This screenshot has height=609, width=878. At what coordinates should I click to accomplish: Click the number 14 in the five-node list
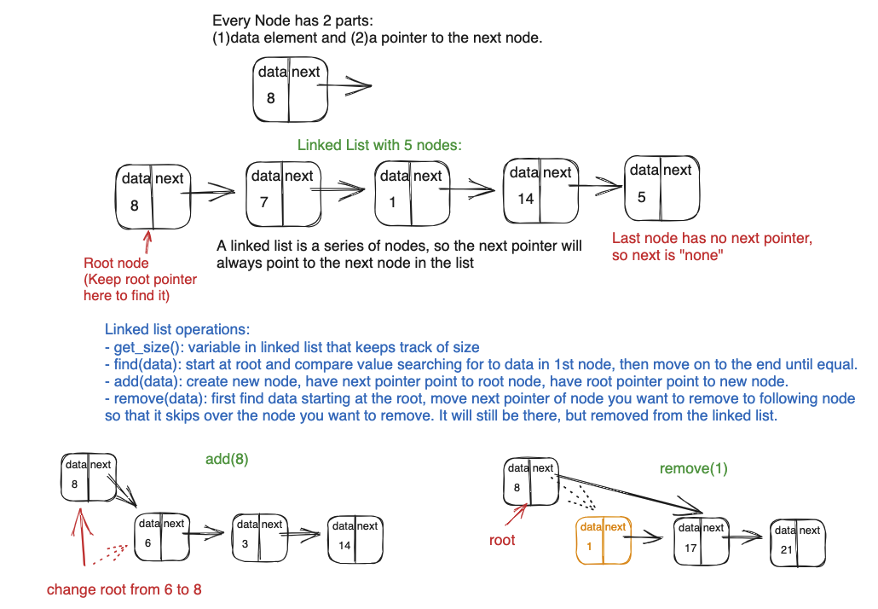coord(525,199)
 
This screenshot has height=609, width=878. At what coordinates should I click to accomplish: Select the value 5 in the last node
coord(641,197)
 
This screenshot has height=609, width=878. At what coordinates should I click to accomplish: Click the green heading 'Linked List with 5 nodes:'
coord(379,145)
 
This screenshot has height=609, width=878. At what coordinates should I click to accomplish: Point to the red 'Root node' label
coord(116,264)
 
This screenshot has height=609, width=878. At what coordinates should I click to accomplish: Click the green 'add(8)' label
coord(227,459)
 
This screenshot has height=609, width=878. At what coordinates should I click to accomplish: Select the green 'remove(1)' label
coord(693,468)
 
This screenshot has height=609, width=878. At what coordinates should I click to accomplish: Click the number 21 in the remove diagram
coord(786,550)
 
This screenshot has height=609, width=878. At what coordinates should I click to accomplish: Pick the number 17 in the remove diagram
coord(690,548)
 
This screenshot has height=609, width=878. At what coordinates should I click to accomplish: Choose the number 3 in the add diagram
coord(245,544)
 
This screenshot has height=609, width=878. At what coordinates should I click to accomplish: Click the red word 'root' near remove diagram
coord(502,540)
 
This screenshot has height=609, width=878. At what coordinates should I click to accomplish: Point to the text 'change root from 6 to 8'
coord(124,589)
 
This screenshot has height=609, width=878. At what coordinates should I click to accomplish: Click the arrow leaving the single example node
coord(350,86)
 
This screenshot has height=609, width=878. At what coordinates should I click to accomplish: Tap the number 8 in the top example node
coord(270,98)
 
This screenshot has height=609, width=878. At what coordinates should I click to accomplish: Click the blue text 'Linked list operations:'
coord(176,329)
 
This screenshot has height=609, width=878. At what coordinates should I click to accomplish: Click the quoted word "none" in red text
coord(702,255)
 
